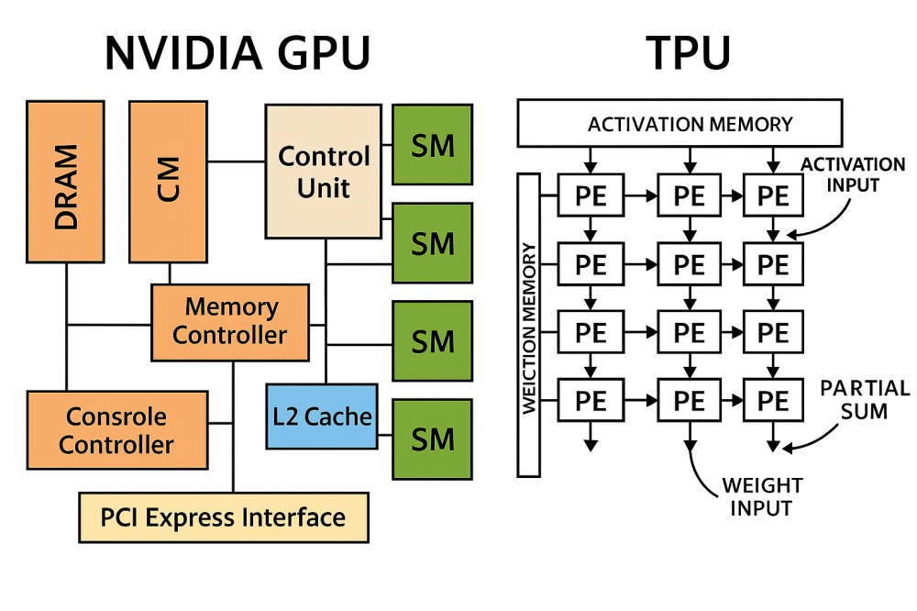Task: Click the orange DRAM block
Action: pos(65,182)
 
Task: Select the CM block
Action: pos(167,182)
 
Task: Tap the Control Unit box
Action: pos(323,172)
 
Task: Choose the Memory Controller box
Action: pos(230,321)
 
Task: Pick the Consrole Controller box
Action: pos(116,431)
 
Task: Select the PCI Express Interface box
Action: pos(224,517)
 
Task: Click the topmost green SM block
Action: pos(433,145)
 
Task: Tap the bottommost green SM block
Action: pos(433,439)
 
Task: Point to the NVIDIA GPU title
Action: pos(238,53)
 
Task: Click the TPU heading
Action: pos(689,53)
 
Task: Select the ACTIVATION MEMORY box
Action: pos(679,124)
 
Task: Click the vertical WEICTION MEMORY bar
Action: pos(529,325)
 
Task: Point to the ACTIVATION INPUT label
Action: pos(853,174)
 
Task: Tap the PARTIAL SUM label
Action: pos(865,399)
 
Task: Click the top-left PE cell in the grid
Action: pos(591,195)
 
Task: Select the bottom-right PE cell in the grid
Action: pos(773,400)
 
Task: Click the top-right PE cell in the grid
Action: pos(773,195)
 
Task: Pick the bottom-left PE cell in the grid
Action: pos(591,400)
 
